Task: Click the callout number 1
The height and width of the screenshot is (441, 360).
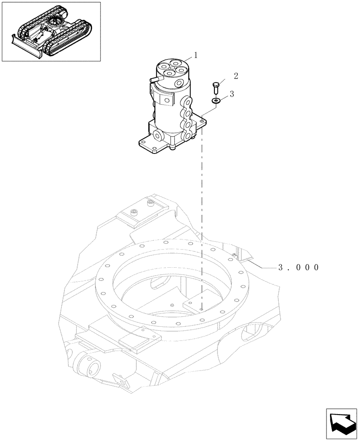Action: coord(195,56)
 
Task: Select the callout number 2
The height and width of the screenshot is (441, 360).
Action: coord(236,76)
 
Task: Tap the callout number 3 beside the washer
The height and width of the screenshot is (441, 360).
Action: coord(232,93)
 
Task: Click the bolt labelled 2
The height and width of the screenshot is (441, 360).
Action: coord(215,87)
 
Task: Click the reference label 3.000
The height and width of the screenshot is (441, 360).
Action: coord(298,268)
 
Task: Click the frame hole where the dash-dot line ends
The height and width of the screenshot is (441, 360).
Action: coord(201,310)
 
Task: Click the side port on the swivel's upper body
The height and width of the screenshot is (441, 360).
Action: coord(180,83)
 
